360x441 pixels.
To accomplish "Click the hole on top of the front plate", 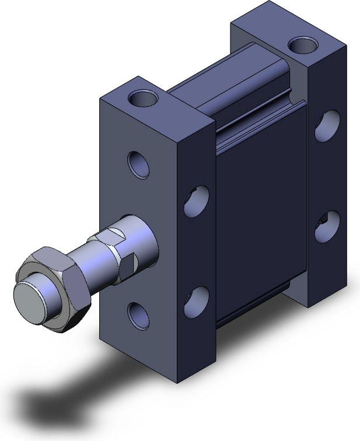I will [144, 98].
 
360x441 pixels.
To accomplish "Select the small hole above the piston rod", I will [139, 164].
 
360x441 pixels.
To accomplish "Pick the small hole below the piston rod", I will [138, 313].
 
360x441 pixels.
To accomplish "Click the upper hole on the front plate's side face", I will [195, 202].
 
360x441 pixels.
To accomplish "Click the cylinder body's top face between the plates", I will [233, 87].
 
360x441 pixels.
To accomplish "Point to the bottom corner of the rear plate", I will [307, 305].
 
